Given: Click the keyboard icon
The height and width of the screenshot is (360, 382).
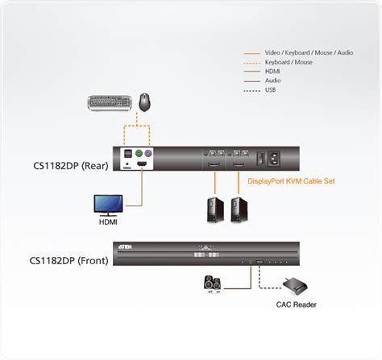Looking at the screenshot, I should coord(110,102).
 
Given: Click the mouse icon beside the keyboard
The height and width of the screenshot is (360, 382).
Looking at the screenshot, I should coord(144,101).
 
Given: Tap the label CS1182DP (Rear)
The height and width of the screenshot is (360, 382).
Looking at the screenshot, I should coord(69,167).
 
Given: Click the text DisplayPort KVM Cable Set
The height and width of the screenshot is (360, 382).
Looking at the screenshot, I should coord(291,182).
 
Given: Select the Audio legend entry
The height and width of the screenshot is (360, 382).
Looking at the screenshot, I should coord(275,80).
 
